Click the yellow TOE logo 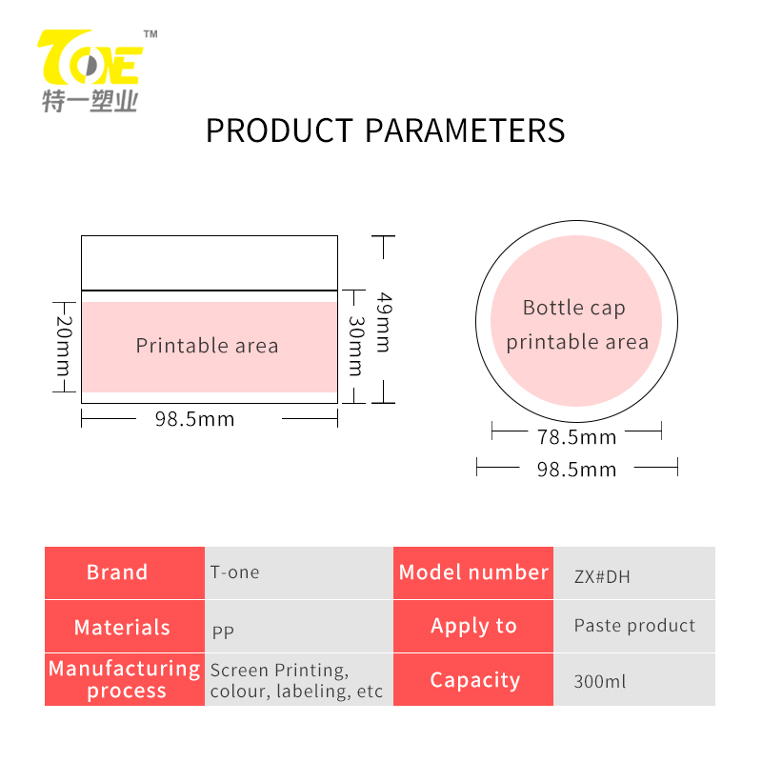[90, 57]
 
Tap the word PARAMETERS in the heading [465, 130]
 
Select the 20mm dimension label [64, 346]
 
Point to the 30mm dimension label [356, 346]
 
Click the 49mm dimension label [384, 322]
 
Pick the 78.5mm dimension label [577, 437]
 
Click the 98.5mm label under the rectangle [195, 419]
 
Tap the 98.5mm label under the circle [577, 470]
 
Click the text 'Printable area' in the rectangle [207, 346]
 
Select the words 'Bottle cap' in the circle [574, 308]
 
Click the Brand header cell [125, 572]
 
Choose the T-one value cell [299, 572]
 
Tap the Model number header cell [473, 572]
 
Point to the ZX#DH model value [602, 577]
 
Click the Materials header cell [125, 627]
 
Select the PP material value [223, 632]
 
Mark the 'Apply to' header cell [473, 627]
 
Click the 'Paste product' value [634, 626]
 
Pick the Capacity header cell [473, 679]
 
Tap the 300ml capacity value [600, 681]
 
